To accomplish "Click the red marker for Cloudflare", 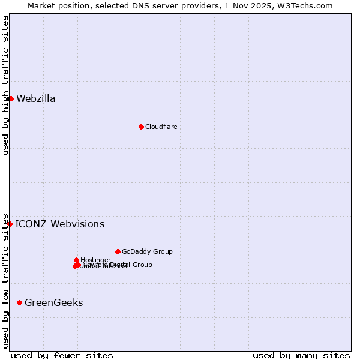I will click(x=141, y=127).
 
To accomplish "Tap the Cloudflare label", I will click(x=161, y=127).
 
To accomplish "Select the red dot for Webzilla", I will click(x=11, y=98).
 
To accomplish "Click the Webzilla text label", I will click(x=36, y=99).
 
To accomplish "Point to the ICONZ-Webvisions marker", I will click(x=10, y=224).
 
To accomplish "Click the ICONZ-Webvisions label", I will click(x=59, y=224).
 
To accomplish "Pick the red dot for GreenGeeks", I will click(x=20, y=302).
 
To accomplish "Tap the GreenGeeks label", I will click(x=53, y=303).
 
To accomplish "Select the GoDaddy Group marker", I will click(x=118, y=251).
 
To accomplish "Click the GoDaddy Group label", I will click(x=147, y=252).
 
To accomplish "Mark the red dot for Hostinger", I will click(x=76, y=260).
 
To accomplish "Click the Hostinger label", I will click(x=95, y=260).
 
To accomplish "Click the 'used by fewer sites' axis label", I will click(x=62, y=355).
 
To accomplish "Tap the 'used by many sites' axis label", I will click(x=301, y=355).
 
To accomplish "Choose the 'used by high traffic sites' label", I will click(x=5, y=85).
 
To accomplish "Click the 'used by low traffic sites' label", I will click(x=5, y=281).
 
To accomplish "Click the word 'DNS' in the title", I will click(x=136, y=5).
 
